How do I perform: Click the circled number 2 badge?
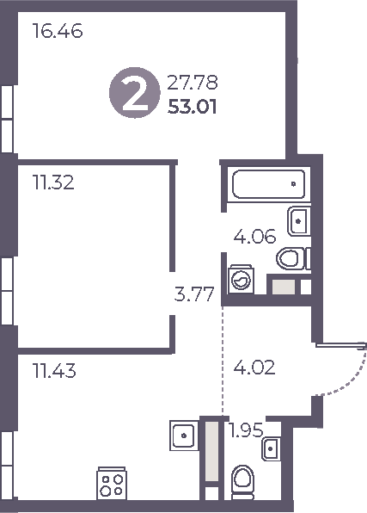click(133, 95)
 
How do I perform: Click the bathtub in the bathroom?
click(266, 182)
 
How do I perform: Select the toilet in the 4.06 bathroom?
click(294, 256)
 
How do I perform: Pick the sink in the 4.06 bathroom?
click(298, 220)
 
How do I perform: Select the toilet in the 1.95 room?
click(242, 479)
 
